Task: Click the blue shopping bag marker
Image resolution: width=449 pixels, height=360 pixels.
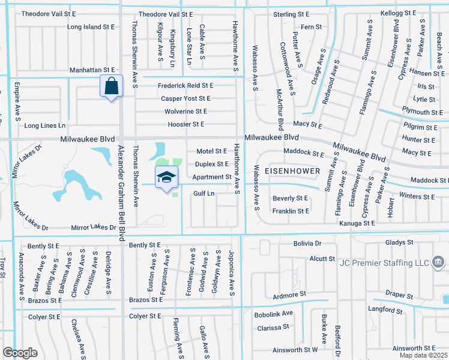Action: [x=111, y=86]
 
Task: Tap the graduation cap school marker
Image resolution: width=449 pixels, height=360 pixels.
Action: [x=167, y=178]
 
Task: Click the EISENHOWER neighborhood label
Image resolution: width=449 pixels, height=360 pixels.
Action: [x=293, y=170]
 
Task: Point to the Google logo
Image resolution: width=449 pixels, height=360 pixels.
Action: [x=20, y=353]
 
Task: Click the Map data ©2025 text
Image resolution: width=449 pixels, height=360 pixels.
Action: [x=424, y=355]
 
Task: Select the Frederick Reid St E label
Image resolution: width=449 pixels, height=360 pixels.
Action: [x=185, y=86]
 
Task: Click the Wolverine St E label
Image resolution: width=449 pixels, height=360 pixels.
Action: [x=185, y=112]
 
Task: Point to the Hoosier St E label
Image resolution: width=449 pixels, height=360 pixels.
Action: [x=185, y=124]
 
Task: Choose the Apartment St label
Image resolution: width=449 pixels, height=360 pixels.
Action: [x=212, y=177]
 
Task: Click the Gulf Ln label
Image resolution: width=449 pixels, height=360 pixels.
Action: [x=203, y=193]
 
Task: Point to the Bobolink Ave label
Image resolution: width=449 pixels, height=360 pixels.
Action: [x=273, y=313]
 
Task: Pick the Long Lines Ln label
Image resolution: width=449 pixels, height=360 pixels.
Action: [x=44, y=125]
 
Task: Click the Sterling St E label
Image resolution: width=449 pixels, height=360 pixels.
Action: [x=291, y=14]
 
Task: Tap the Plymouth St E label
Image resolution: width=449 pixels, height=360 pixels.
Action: [x=423, y=112]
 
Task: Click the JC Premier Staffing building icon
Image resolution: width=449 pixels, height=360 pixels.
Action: [x=438, y=262]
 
